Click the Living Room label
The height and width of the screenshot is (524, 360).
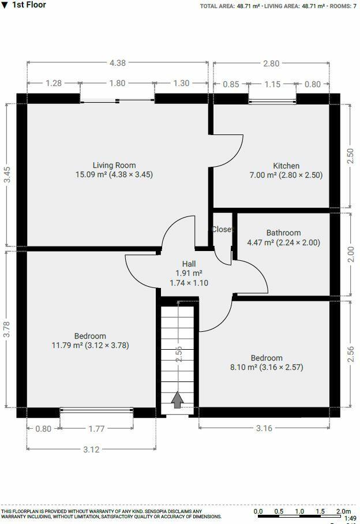click(114, 165)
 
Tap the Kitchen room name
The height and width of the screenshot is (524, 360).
click(286, 166)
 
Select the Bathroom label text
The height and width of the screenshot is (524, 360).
click(283, 233)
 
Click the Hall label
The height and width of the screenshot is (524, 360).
click(189, 264)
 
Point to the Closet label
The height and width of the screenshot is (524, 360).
click(223, 229)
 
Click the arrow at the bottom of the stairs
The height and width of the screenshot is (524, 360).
click(177, 399)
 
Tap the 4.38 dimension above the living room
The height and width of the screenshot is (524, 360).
click(117, 64)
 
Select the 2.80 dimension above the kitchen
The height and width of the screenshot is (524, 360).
click(271, 64)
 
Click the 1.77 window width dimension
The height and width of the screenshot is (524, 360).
click(96, 428)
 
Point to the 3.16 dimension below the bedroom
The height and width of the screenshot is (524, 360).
click(264, 428)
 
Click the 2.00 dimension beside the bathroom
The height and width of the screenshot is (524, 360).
click(350, 254)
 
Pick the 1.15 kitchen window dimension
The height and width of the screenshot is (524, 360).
click(272, 84)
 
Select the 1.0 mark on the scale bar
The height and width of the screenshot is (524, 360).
click(299, 511)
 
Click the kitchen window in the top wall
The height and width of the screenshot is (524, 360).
click(272, 102)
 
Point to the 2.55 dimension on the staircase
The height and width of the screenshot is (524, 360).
click(179, 354)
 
